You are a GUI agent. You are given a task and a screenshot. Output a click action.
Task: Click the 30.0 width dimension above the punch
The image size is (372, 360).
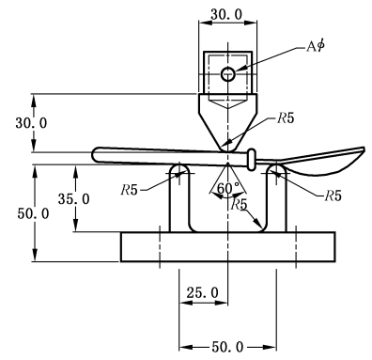tap(226, 14)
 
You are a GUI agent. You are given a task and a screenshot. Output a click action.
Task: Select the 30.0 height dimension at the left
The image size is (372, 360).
tap(31, 123)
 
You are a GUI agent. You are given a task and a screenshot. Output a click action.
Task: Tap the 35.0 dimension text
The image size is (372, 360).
tap(74, 199)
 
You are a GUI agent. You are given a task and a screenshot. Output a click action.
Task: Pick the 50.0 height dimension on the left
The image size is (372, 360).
tap(33, 213)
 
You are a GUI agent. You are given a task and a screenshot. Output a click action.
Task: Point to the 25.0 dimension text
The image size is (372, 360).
tap(203, 293)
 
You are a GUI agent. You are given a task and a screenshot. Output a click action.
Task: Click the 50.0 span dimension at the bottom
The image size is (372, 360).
tap(227, 347)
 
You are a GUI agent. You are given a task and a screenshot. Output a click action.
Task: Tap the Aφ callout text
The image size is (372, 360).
tap(316, 46)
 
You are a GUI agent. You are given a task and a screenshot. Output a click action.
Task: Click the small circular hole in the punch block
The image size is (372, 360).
tap(227, 74)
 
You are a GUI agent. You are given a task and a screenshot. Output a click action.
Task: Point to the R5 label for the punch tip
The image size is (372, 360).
tap(286, 118)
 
